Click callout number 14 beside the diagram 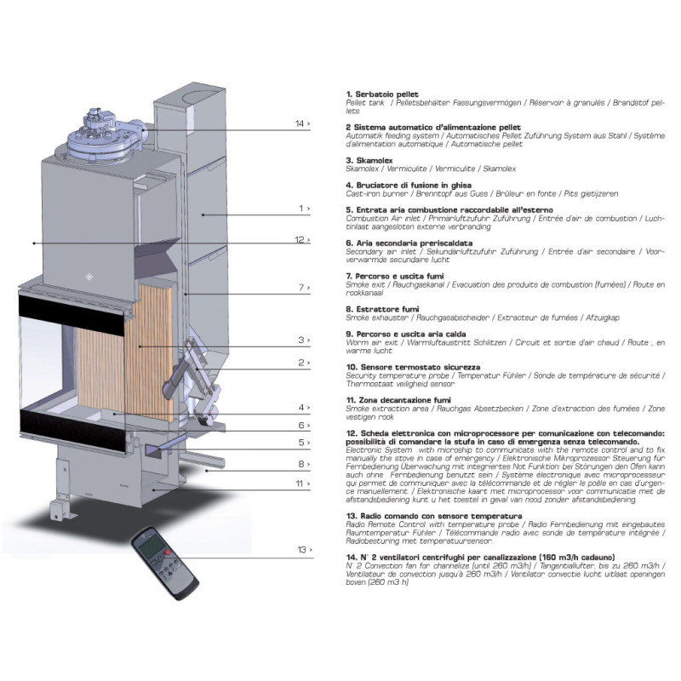300,123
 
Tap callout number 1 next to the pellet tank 301,209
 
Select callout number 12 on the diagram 300,240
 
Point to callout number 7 301,288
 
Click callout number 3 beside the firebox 301,340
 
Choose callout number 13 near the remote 302,550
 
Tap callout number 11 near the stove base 300,484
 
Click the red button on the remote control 168,552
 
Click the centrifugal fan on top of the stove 103,134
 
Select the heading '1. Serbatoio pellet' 382,94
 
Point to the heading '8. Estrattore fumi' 382,309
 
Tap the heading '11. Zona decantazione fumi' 398,400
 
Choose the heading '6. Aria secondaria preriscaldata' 409,243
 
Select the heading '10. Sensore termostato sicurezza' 413,367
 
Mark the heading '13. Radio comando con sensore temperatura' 434,516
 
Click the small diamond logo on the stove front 89,276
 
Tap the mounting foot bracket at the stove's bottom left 60,509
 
